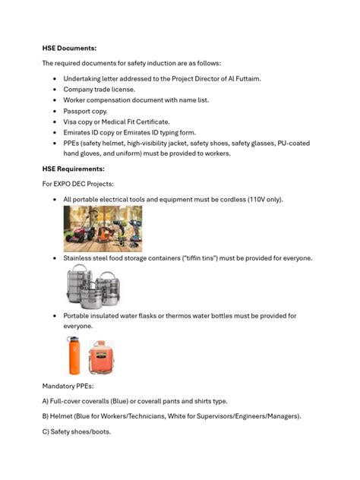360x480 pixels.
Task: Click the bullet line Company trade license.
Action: [99, 89]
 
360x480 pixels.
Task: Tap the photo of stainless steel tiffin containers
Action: [93, 286]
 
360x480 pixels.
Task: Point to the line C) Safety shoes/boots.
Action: [77, 431]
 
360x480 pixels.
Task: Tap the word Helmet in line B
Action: [64, 416]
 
